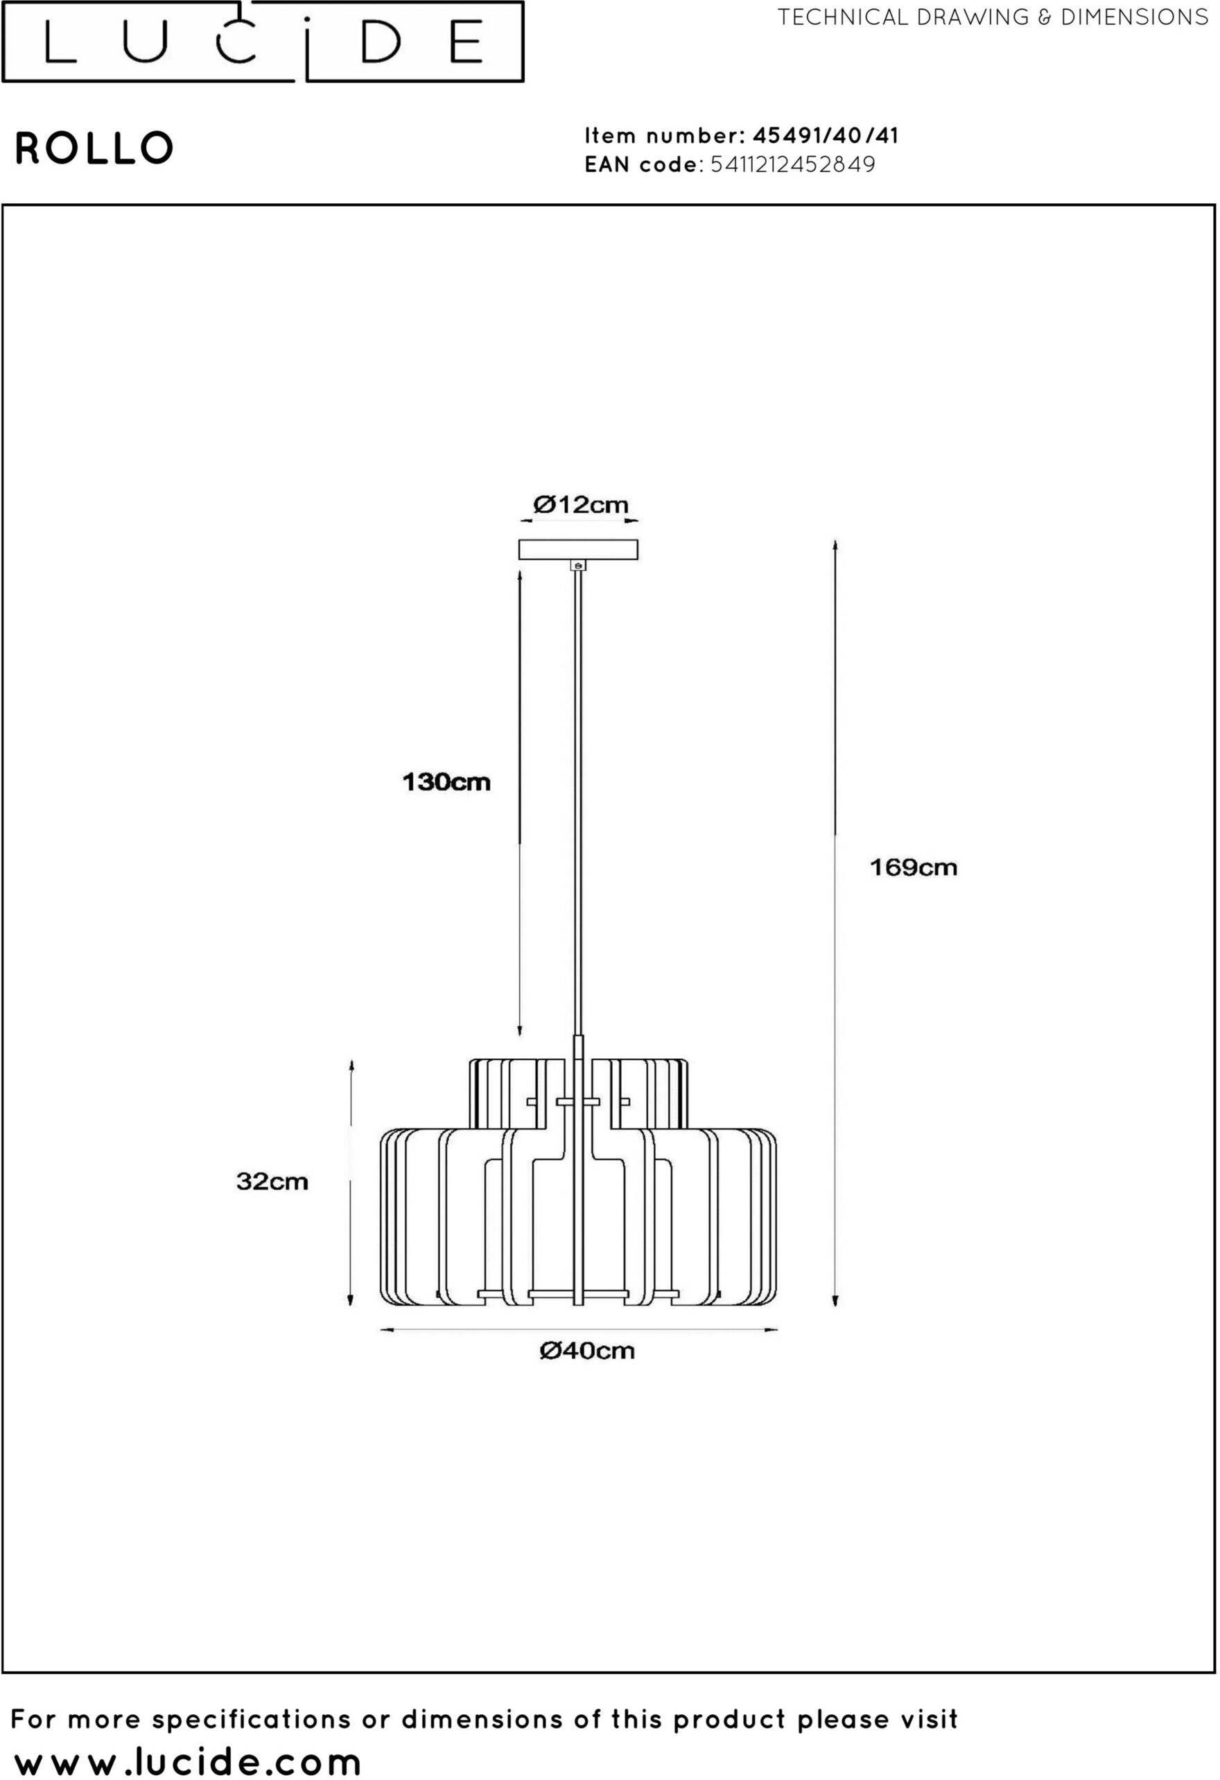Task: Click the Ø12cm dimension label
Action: tap(580, 505)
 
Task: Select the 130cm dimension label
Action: tap(446, 782)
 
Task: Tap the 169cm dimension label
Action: tap(914, 867)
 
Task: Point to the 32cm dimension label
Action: tap(272, 1181)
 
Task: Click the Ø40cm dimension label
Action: tap(587, 1350)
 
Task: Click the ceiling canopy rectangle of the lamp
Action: tap(578, 550)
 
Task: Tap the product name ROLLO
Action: tap(94, 148)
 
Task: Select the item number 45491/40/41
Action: tap(826, 136)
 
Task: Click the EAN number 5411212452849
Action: tap(793, 164)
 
